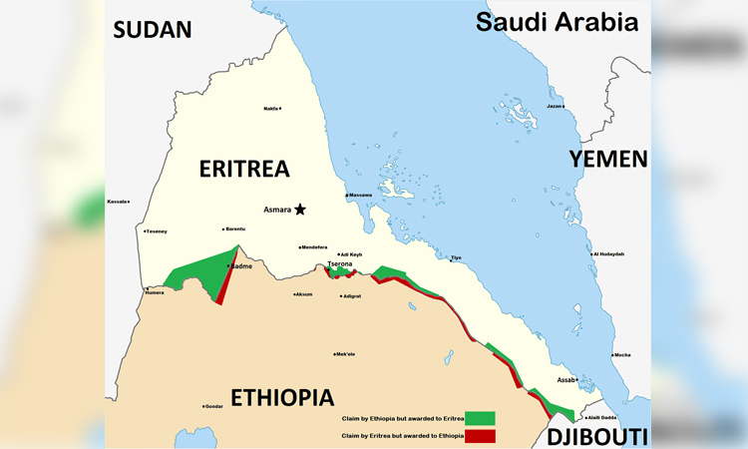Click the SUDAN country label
click(x=152, y=29)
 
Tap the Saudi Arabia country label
click(x=557, y=23)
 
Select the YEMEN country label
click(x=607, y=159)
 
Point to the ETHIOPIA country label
click(x=282, y=397)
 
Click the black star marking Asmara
click(x=299, y=209)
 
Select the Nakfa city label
click(x=270, y=108)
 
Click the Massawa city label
click(x=360, y=195)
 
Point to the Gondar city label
click(x=214, y=406)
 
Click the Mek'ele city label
click(x=346, y=353)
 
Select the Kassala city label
click(x=118, y=202)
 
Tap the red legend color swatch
click(x=479, y=436)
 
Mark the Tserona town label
click(x=341, y=264)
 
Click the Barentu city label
click(x=235, y=228)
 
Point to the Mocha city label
click(x=621, y=354)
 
